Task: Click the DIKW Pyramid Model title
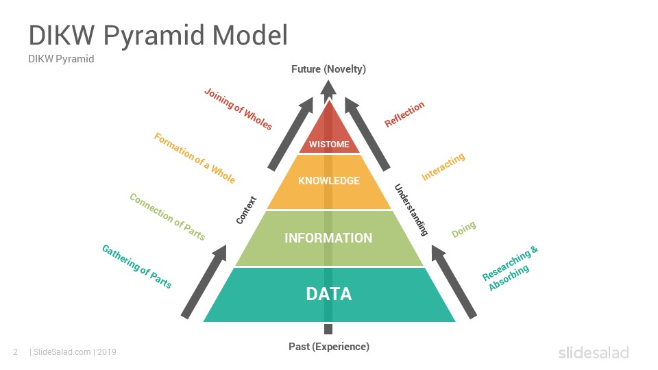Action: pos(158,35)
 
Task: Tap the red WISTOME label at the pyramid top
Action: pos(329,145)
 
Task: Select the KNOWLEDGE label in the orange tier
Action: pos(329,181)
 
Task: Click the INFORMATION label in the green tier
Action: pos(328,238)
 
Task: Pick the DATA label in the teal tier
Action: pos(329,294)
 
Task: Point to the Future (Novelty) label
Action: pos(328,69)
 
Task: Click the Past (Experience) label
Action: pos(329,347)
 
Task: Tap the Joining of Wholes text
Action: pos(238,109)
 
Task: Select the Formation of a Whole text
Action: pos(194,158)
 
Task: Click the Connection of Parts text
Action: pos(167,217)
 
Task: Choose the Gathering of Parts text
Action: pos(137,267)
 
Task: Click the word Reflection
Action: pos(404,114)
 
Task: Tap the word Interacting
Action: pos(443,166)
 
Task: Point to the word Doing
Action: pos(464,229)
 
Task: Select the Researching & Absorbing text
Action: pos(510,269)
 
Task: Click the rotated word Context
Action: pos(246,210)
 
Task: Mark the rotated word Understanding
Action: pos(411,210)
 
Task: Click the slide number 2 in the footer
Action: pos(16,352)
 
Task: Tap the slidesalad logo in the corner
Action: pos(594,352)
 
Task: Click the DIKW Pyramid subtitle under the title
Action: pos(61,59)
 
